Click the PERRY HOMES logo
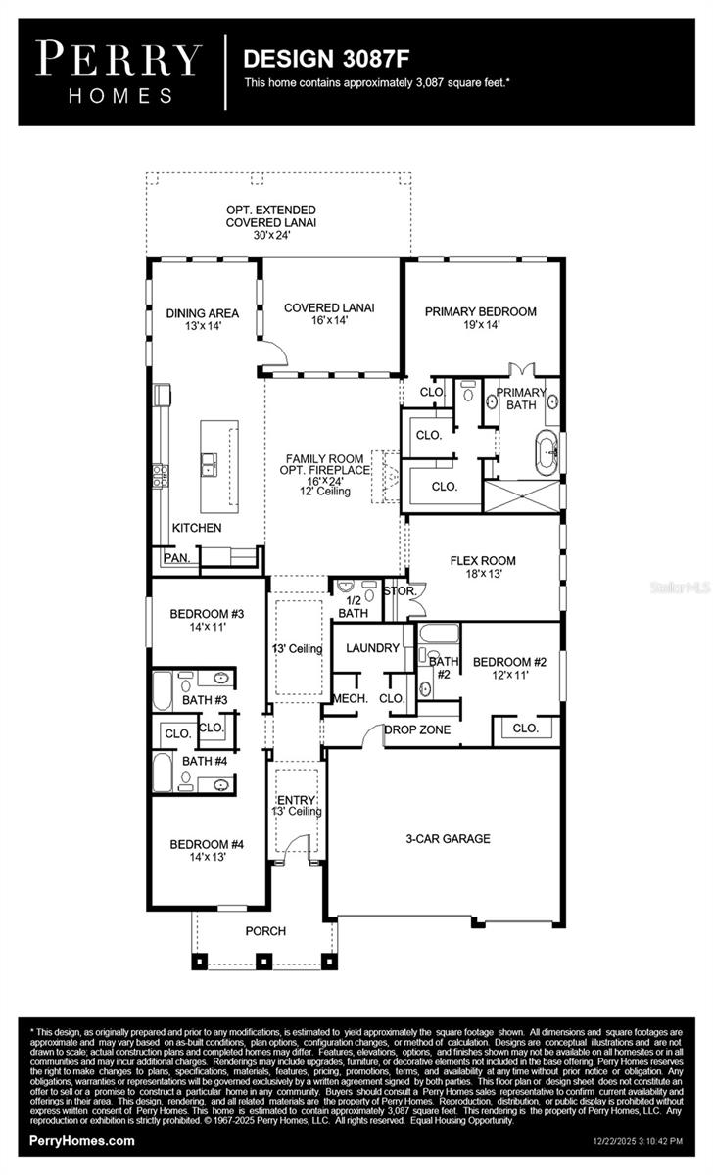pyautogui.click(x=119, y=71)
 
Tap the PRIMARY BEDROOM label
pyautogui.click(x=480, y=311)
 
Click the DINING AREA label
pyautogui.click(x=202, y=313)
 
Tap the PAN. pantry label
pyautogui.click(x=177, y=557)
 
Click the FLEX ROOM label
pyautogui.click(x=482, y=561)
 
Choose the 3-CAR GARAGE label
pyautogui.click(x=448, y=838)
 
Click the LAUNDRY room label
pyautogui.click(x=372, y=647)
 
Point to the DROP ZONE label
pyautogui.click(x=416, y=729)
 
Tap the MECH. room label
pyautogui.click(x=350, y=698)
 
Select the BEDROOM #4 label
pyautogui.click(x=206, y=845)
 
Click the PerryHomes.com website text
pyautogui.click(x=82, y=1141)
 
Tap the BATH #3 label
pyautogui.click(x=205, y=700)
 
